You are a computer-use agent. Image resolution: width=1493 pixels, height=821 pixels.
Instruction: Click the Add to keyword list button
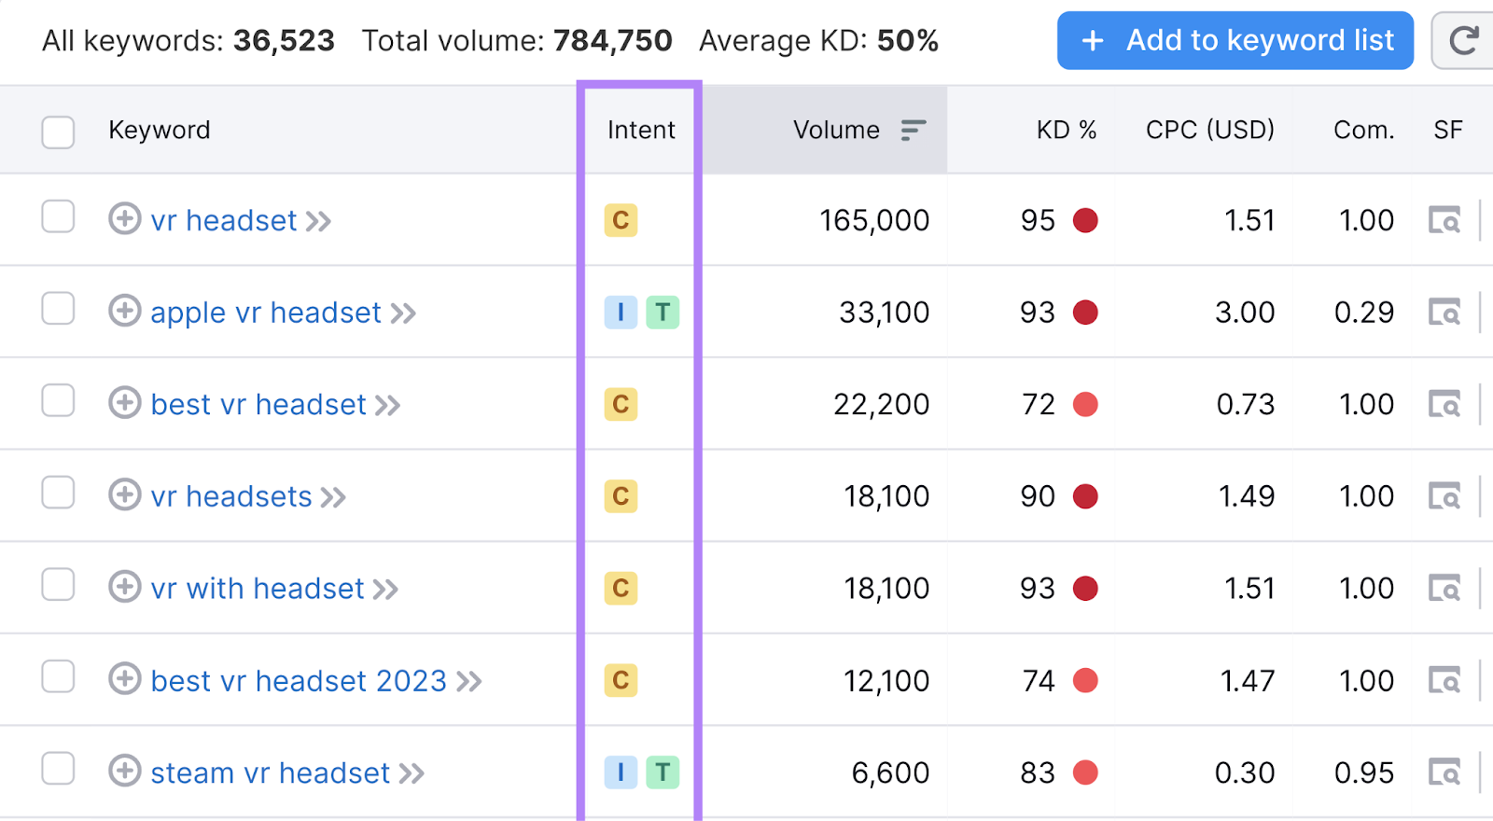(x=1235, y=41)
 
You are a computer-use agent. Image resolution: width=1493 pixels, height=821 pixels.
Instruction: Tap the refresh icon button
(x=1463, y=41)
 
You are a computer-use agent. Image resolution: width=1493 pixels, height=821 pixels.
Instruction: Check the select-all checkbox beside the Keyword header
(x=58, y=132)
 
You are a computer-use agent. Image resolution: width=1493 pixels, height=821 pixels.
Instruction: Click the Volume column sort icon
(x=913, y=131)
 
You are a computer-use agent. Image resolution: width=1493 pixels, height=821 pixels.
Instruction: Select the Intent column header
(x=640, y=131)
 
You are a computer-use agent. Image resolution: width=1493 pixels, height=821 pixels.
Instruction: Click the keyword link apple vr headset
(x=266, y=313)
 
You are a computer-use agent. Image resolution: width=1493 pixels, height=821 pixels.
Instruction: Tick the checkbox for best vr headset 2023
(x=58, y=677)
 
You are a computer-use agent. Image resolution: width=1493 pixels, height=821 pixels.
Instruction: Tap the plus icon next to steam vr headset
(x=124, y=772)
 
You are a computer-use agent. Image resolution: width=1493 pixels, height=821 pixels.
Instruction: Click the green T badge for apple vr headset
(x=663, y=313)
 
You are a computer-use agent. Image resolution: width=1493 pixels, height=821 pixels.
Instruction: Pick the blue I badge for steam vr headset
(x=621, y=772)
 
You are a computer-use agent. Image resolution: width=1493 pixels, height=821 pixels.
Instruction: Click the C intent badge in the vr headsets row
(x=621, y=496)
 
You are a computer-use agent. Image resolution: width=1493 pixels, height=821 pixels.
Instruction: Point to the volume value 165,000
(x=873, y=221)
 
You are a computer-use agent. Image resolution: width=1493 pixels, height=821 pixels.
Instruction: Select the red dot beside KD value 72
(x=1085, y=405)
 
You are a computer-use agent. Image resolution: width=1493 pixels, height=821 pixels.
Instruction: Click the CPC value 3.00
(x=1244, y=313)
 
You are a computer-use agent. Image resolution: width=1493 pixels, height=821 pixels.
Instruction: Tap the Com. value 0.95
(x=1363, y=773)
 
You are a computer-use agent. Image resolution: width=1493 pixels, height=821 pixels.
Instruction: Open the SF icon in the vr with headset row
(x=1444, y=589)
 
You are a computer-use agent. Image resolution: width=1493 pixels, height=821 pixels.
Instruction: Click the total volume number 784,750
(x=612, y=41)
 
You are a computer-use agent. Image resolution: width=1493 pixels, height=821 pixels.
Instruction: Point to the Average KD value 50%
(x=907, y=41)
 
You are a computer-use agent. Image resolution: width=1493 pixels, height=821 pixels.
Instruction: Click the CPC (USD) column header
(x=1209, y=131)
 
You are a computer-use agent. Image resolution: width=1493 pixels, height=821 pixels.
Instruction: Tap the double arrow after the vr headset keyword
(x=318, y=222)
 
